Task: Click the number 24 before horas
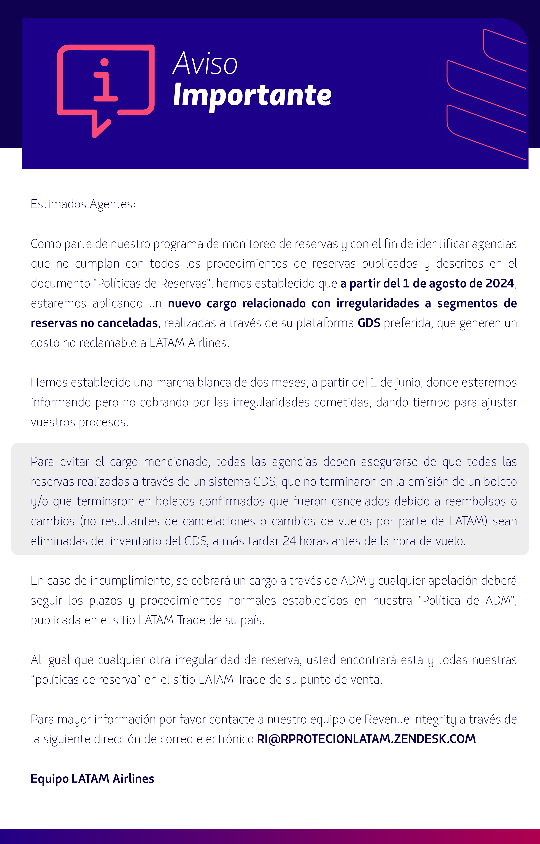coord(290,541)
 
